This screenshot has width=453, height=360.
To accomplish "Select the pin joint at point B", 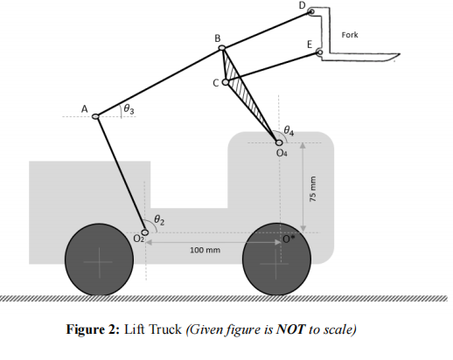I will coord(224,50).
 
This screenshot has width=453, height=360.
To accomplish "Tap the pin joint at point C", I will coord(226,83).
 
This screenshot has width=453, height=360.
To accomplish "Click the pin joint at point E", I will coord(319,53).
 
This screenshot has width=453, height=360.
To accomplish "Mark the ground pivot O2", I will coord(145,232).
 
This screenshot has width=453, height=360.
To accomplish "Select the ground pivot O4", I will coord(280,141).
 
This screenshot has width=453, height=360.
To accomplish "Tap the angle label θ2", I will coord(158,219).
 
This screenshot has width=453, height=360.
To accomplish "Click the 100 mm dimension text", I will coord(205,251).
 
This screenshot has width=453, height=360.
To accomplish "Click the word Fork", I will coord(349,35).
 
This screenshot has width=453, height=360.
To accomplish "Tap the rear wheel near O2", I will coord(99,260).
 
